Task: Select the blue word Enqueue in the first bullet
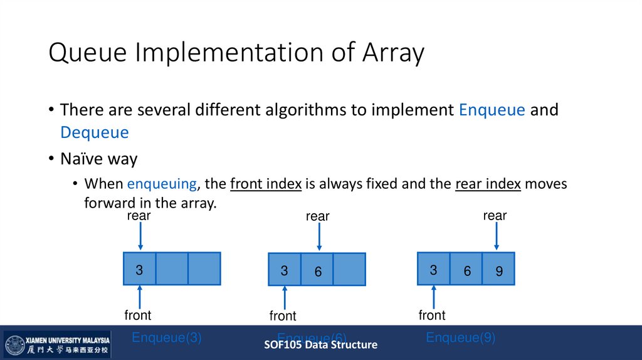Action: [492, 110]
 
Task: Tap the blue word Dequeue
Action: [94, 132]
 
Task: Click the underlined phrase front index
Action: [266, 184]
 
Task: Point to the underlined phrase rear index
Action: [488, 184]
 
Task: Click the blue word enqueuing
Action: [162, 184]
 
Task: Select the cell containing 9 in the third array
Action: [498, 268]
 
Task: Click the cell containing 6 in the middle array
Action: [317, 269]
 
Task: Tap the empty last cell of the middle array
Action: [349, 269]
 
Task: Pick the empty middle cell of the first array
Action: [172, 268]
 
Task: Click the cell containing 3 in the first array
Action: [139, 268]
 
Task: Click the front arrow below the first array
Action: [140, 296]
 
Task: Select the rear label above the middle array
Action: [317, 216]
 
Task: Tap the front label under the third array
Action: [432, 315]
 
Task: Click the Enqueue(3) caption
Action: [166, 337]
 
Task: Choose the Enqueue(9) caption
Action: [460, 337]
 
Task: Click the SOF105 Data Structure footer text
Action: [320, 344]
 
